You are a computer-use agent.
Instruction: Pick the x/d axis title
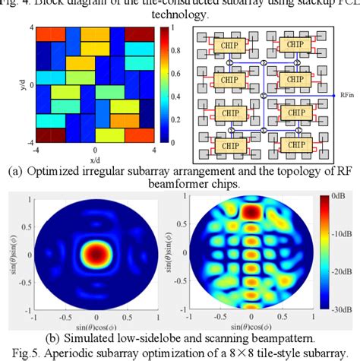[95, 160]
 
